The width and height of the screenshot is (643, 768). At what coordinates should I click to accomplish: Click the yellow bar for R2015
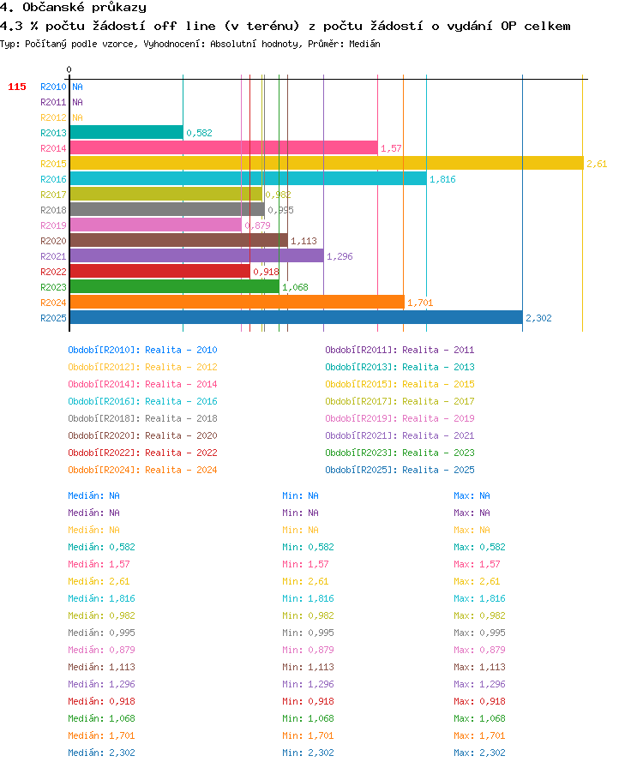click(x=327, y=163)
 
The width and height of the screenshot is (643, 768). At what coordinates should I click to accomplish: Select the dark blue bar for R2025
click(x=297, y=317)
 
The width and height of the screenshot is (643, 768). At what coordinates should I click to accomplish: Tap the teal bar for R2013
click(x=126, y=132)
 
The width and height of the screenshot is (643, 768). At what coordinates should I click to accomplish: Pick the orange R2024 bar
click(x=237, y=303)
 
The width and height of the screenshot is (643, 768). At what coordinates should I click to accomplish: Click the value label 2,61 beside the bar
click(x=597, y=164)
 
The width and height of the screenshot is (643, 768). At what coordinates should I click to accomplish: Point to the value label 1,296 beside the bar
click(x=340, y=256)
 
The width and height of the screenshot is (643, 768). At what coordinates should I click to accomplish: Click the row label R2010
click(x=53, y=87)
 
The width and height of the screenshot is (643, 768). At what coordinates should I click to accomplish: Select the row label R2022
click(x=53, y=272)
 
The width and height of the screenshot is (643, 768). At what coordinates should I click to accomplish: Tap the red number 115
click(x=17, y=87)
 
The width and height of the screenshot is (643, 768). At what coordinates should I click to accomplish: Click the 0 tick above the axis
click(x=69, y=69)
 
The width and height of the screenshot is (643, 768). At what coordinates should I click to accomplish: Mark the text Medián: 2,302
click(x=101, y=753)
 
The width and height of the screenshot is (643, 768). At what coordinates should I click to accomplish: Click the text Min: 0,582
click(x=308, y=547)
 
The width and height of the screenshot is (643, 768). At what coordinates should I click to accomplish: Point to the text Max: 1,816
click(x=479, y=598)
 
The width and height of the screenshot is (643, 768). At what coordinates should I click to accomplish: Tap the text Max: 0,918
click(x=479, y=701)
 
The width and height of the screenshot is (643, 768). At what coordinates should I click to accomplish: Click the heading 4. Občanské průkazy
click(x=73, y=8)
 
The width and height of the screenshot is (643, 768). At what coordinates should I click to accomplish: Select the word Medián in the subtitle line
click(x=364, y=44)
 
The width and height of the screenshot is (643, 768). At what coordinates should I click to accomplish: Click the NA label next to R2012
click(x=77, y=117)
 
